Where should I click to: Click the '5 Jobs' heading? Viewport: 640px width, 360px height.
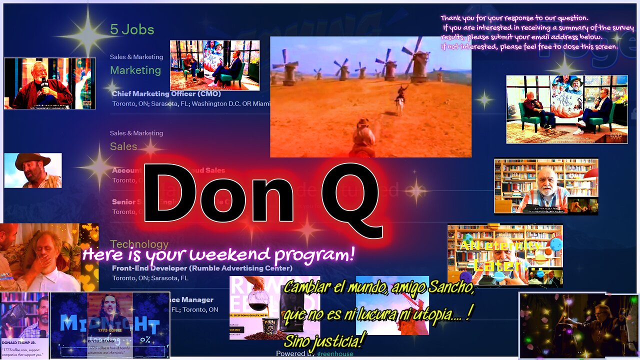click(x=132, y=29)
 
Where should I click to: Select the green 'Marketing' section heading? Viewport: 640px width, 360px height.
click(x=135, y=70)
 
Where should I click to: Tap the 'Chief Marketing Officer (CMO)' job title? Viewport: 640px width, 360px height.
click(x=166, y=93)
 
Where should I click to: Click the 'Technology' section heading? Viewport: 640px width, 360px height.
click(x=139, y=244)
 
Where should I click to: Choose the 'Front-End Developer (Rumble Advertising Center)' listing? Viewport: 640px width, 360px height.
click(x=202, y=268)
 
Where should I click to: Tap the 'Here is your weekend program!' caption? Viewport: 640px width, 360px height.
click(x=218, y=255)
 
